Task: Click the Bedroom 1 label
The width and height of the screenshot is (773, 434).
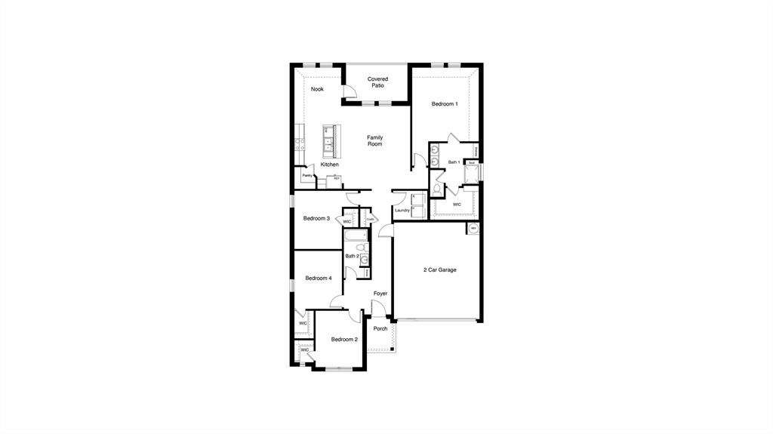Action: click(x=445, y=104)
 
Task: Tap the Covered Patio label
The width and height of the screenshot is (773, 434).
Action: click(x=377, y=82)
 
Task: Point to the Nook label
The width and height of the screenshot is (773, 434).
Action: click(x=317, y=89)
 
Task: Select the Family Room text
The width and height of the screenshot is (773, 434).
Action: click(x=375, y=140)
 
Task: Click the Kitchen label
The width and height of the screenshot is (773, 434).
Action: click(x=329, y=165)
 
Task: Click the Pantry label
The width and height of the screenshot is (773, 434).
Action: click(x=307, y=176)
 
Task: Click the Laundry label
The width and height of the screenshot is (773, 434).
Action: click(x=402, y=211)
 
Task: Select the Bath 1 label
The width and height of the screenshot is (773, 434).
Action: click(x=454, y=162)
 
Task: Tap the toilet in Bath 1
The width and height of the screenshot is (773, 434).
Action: click(x=437, y=186)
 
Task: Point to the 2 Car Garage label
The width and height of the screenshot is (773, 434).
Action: click(x=439, y=269)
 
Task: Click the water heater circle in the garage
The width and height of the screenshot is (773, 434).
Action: click(x=473, y=228)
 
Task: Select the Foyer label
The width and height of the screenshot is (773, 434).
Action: click(x=380, y=294)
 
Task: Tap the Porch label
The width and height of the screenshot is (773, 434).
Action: click(x=380, y=328)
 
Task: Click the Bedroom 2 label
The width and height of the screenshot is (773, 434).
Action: click(x=344, y=340)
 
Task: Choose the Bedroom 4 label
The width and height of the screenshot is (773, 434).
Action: click(x=319, y=279)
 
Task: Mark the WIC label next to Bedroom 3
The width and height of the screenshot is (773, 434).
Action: click(x=347, y=222)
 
